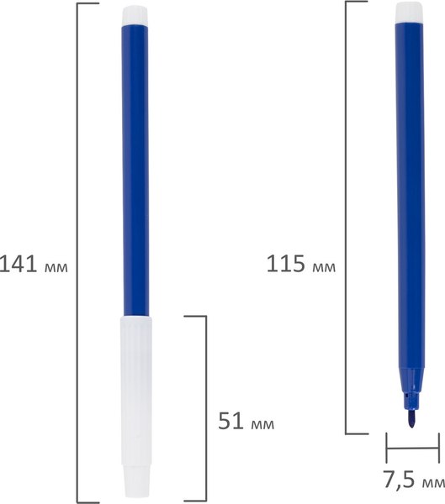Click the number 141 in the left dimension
[19, 265]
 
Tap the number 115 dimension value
[286, 264]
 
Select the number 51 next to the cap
[230, 421]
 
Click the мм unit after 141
[56, 267]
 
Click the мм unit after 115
[324, 267]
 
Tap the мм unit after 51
[262, 424]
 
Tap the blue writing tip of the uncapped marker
[411, 418]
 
